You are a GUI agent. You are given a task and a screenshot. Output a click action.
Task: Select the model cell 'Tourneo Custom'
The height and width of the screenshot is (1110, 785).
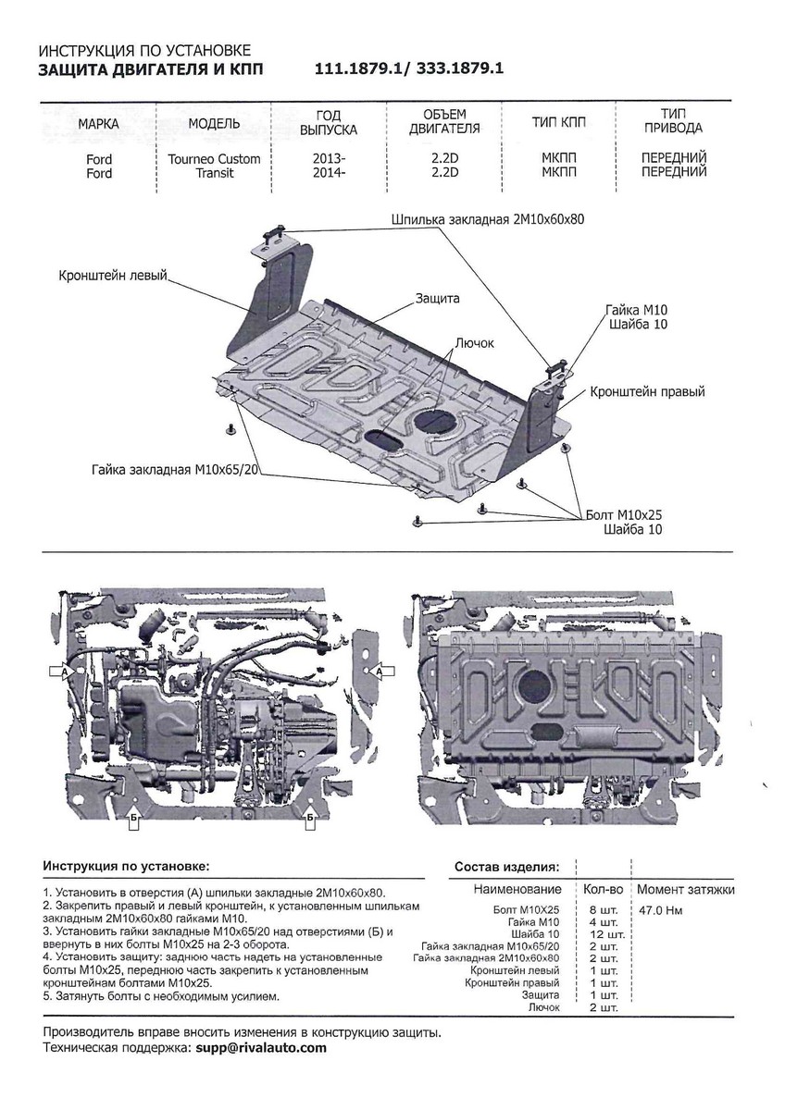[x=214, y=159]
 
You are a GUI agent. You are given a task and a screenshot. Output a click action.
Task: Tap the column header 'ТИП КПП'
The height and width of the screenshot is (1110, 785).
[x=558, y=122]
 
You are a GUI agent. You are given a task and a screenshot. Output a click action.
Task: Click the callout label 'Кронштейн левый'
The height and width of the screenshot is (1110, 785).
[x=112, y=276]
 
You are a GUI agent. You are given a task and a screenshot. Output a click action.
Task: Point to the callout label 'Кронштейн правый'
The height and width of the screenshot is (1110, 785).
[x=647, y=392]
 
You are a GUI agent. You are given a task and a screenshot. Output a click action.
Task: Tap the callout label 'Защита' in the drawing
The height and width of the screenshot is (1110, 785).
[x=437, y=300]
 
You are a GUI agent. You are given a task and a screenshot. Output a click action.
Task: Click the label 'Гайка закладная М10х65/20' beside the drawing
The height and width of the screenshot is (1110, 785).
[x=172, y=470]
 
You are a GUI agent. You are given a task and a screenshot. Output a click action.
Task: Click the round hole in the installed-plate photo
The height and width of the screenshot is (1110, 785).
[x=534, y=686]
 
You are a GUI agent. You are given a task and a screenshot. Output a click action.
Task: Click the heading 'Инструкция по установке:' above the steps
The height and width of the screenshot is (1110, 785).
[x=126, y=867]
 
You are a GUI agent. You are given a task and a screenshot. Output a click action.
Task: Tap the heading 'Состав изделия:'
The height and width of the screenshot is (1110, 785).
[x=506, y=868]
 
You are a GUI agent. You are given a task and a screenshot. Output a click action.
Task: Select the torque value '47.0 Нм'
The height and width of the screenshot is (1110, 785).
[x=661, y=910]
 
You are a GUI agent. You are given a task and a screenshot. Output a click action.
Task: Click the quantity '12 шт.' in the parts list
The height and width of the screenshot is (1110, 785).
[x=600, y=934]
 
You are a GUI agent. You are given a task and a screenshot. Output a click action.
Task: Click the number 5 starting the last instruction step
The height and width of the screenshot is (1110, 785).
[x=47, y=997]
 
